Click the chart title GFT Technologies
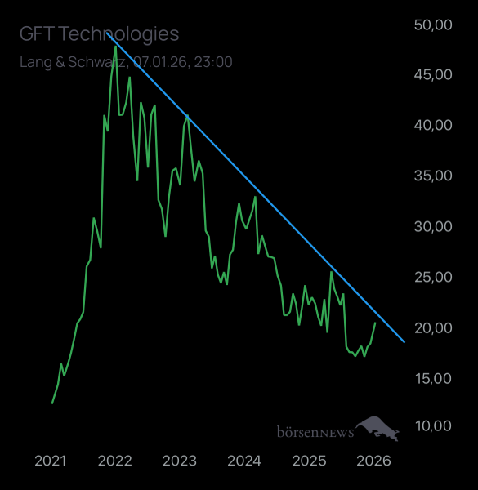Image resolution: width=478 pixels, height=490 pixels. pyautogui.click(x=99, y=33)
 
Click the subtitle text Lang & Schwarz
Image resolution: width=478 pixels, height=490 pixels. pyautogui.click(x=73, y=61)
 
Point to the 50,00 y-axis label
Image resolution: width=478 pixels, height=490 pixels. pyautogui.click(x=433, y=25)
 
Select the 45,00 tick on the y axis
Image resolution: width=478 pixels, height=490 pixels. pyautogui.click(x=433, y=74)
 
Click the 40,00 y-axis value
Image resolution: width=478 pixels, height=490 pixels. pyautogui.click(x=433, y=125)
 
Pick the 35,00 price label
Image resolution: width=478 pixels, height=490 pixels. pyautogui.click(x=433, y=176)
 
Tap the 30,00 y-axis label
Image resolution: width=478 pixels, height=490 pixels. pyautogui.click(x=433, y=226)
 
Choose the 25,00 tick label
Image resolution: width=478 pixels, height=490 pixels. pyautogui.click(x=433, y=277)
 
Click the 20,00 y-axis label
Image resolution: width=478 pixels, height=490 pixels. pyautogui.click(x=433, y=327)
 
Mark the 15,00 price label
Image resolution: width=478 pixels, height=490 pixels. pyautogui.click(x=433, y=378)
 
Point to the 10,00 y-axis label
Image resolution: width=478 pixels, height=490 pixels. pyautogui.click(x=433, y=425)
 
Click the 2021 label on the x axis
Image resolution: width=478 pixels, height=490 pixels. pyautogui.click(x=50, y=461)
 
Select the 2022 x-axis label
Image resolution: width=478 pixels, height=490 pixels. pyautogui.click(x=114, y=461)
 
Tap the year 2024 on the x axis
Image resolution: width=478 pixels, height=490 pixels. pyautogui.click(x=244, y=461)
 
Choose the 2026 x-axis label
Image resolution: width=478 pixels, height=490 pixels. pyautogui.click(x=373, y=461)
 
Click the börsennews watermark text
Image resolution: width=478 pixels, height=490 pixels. pyautogui.click(x=315, y=430)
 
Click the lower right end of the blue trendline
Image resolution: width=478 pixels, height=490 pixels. pyautogui.click(x=404, y=341)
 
